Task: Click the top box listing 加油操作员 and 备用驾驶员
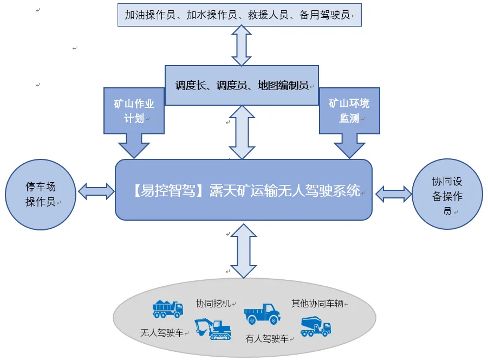[239, 15]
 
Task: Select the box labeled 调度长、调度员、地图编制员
[242, 85]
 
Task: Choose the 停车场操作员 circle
[41, 194]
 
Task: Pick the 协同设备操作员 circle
[447, 194]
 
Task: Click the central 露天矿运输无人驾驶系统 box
[244, 190]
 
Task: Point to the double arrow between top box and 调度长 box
[242, 46]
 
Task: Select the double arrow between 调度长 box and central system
[242, 132]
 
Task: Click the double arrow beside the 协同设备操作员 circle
[394, 194]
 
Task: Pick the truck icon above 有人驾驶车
[262, 314]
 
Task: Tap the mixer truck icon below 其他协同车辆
[315, 326]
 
